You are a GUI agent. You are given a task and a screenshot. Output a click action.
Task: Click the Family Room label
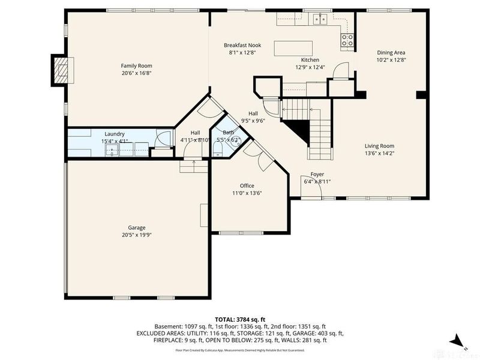coord(136,66)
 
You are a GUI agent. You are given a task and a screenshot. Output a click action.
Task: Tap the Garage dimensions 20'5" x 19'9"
coord(137,236)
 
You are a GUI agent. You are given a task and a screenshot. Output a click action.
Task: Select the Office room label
coord(248,185)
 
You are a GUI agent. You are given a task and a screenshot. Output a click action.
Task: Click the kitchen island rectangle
coord(293,48)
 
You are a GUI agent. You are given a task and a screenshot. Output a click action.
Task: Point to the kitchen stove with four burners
coord(347,40)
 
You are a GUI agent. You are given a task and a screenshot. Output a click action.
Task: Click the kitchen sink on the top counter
coord(319,19)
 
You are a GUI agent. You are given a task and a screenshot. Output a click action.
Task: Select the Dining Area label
coord(391,52)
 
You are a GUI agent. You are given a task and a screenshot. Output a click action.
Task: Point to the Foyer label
coord(317,173)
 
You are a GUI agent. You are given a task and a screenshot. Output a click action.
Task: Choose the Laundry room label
coord(114,134)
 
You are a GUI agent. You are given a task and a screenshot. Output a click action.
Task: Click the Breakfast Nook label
coord(242,45)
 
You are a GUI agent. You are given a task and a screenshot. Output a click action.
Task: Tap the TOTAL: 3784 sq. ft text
coord(240,320)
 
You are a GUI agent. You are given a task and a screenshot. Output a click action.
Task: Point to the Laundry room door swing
coord(162,138)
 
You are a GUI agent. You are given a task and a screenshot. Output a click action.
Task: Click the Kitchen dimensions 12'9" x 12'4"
coord(310,67)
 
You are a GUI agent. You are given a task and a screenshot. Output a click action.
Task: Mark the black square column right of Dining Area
coord(421,95)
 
